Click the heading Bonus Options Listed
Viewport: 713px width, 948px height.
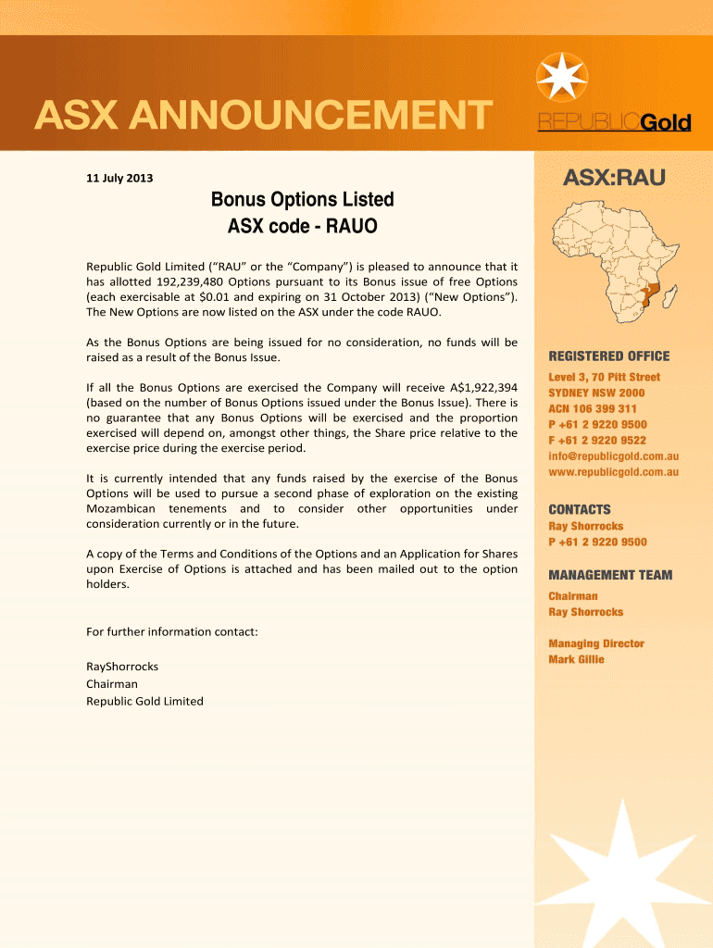(x=303, y=199)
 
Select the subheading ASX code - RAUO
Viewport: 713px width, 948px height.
(x=303, y=225)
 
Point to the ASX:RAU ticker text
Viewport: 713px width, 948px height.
(x=615, y=178)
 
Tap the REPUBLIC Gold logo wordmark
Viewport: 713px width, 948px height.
(x=615, y=124)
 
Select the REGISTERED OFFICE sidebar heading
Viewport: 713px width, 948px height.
(x=608, y=356)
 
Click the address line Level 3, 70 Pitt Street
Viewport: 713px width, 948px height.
(x=604, y=377)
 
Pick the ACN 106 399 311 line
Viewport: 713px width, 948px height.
(x=592, y=408)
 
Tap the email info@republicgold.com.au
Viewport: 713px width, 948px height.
(x=613, y=456)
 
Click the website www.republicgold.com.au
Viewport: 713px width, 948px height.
(x=613, y=472)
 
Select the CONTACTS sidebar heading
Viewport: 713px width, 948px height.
(x=580, y=509)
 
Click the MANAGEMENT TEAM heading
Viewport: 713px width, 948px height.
(x=610, y=575)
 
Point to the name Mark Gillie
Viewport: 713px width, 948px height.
(x=576, y=659)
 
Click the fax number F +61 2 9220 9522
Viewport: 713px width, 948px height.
(x=597, y=441)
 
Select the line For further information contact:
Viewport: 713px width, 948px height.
(x=171, y=631)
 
